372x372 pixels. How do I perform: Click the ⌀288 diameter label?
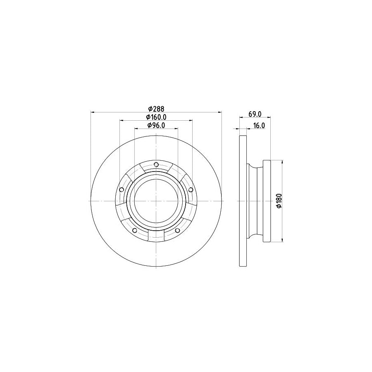[156, 109]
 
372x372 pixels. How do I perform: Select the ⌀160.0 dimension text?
[156, 117]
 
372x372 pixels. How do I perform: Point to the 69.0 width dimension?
[254, 113]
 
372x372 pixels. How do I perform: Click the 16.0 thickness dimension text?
[259, 125]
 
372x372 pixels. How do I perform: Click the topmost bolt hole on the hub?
[156, 165]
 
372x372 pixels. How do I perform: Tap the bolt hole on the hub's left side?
[121, 190]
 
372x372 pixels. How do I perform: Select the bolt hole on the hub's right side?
[191, 190]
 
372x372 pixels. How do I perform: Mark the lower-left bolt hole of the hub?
[134, 231]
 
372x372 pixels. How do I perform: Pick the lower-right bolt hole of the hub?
[177, 231]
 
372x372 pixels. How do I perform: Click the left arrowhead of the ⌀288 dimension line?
[92, 112]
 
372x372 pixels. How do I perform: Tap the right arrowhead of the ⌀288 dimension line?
[220, 112]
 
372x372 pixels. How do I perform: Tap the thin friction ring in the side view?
[243, 201]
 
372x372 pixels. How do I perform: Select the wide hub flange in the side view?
[267, 201]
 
